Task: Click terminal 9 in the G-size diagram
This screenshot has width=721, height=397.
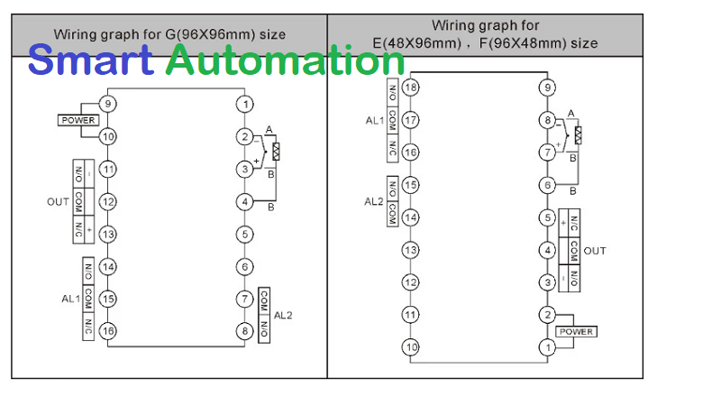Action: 108,104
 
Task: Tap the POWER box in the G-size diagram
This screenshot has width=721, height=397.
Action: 78,120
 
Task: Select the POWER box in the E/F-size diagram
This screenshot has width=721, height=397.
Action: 576,331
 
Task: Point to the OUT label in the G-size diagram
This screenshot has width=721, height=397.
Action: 58,202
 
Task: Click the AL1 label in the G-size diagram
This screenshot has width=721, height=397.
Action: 70,299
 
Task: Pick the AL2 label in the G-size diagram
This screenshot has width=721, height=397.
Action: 283,315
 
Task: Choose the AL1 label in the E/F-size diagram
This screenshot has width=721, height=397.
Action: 375,120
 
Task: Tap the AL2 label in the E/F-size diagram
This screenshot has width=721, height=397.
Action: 375,201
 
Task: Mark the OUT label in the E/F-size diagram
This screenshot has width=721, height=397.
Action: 595,250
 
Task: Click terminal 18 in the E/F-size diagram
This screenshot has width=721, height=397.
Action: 410,88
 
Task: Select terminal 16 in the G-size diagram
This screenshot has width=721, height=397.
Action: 108,331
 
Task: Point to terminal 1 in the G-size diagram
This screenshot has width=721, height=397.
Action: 244,104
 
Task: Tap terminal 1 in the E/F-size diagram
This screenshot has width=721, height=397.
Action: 546,347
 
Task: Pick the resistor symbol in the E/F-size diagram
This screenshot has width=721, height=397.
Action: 578,135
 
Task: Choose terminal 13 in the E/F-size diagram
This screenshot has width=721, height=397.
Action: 410,250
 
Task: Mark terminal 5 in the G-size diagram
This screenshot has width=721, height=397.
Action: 244,234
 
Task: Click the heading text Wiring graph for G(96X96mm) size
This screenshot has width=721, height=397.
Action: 169,34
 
